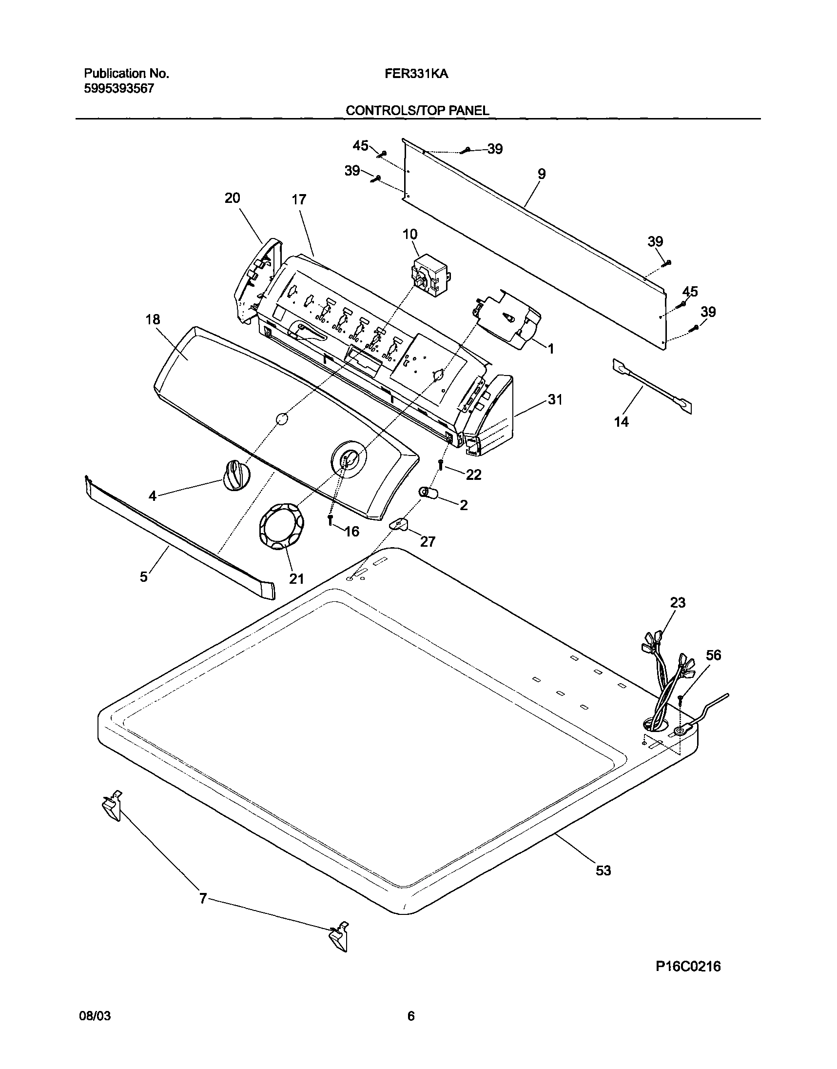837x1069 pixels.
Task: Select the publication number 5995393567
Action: [119, 89]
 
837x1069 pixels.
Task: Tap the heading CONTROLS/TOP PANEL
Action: [417, 111]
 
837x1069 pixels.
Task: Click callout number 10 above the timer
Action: [410, 234]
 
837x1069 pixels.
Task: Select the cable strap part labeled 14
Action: [652, 383]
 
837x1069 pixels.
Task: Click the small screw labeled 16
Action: [331, 520]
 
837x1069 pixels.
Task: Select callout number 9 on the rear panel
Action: [541, 174]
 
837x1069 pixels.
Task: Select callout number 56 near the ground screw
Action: [713, 655]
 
